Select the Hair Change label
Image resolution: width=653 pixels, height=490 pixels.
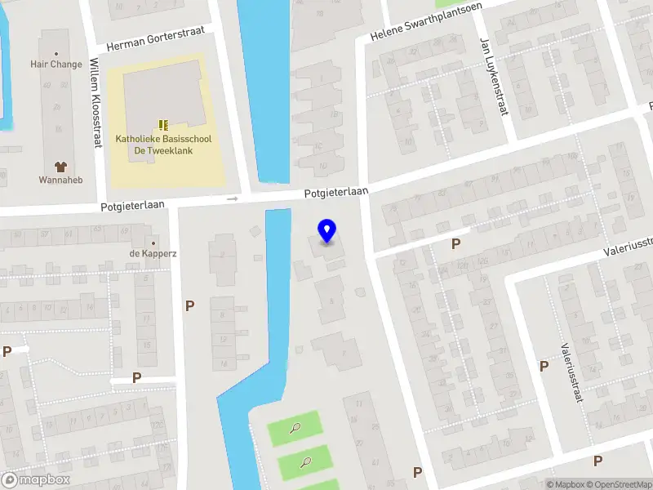(56, 64)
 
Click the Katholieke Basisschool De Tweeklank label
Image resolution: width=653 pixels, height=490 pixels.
(163, 145)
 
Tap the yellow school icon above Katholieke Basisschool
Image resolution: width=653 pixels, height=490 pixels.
(163, 125)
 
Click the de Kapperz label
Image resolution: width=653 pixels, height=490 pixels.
(153, 253)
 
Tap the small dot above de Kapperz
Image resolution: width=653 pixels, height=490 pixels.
(153, 243)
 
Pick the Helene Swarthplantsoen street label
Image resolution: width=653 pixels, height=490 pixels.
(425, 21)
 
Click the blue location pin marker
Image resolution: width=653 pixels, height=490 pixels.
(327, 231)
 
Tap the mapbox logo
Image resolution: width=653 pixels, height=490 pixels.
(36, 480)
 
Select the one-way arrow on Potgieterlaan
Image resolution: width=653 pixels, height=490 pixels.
(233, 198)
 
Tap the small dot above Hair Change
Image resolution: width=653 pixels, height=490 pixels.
(56, 54)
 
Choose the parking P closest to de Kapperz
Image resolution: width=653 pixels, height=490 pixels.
(190, 306)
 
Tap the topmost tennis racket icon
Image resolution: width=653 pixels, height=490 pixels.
(295, 427)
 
